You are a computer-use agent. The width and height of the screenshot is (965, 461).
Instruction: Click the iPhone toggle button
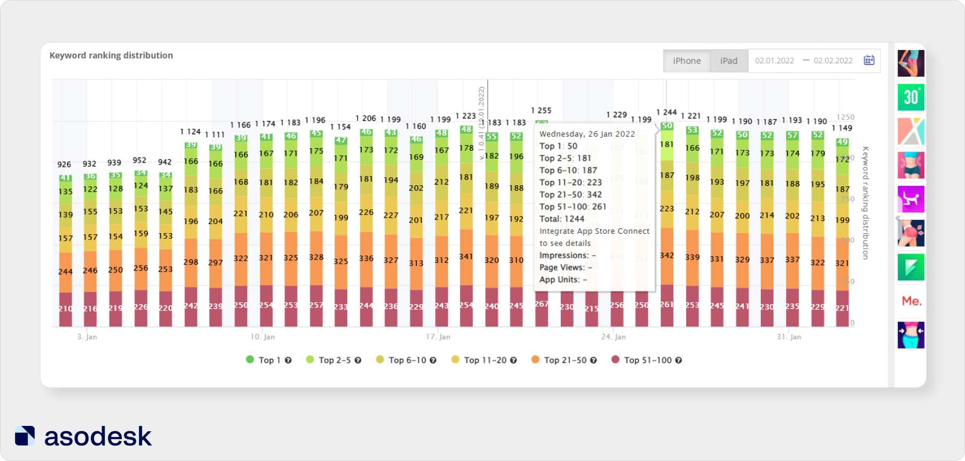tap(686, 61)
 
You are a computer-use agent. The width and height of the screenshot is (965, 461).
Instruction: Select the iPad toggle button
tap(728, 61)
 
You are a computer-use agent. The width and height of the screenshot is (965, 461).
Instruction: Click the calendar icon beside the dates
tap(869, 60)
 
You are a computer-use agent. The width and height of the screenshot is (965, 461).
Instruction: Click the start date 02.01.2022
tap(774, 61)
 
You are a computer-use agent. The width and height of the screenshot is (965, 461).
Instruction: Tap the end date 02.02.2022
tap(833, 61)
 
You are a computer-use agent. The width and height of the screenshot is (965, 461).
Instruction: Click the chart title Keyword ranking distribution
tap(111, 55)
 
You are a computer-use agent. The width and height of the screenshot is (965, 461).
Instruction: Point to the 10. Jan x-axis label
tap(262, 337)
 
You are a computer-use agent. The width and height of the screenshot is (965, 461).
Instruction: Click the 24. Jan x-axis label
tap(613, 337)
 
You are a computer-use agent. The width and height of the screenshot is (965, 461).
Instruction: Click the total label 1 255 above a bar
tap(541, 111)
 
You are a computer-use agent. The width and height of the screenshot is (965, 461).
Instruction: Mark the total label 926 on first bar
tap(64, 164)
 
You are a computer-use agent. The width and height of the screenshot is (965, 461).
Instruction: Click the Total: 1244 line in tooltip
tap(562, 219)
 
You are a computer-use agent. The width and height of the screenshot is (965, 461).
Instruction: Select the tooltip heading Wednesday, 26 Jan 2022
tap(587, 134)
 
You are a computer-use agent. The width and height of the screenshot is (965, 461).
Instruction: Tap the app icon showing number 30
tap(911, 97)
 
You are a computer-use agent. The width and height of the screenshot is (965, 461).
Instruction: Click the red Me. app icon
tap(911, 301)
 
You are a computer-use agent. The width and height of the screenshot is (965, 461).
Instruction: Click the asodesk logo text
tap(98, 437)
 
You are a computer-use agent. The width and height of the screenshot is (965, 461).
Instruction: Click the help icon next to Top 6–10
tap(433, 360)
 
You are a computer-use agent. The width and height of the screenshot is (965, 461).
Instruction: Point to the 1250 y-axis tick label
tap(845, 117)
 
